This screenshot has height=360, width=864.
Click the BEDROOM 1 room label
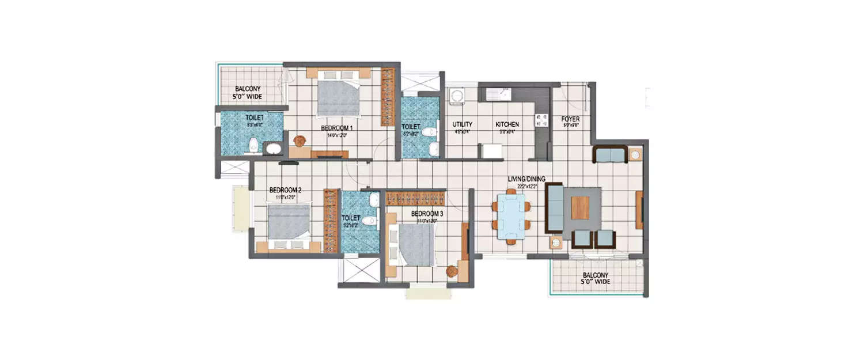click(x=338, y=128)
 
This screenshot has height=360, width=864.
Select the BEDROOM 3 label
click(x=427, y=213)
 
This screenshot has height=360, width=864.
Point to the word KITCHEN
click(x=507, y=124)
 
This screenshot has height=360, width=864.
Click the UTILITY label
click(x=462, y=124)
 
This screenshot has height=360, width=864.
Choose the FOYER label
click(x=570, y=120)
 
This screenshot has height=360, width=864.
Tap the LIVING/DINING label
click(x=526, y=179)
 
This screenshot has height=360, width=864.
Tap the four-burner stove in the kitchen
click(x=541, y=120)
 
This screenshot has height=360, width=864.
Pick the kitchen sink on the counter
click(x=496, y=92)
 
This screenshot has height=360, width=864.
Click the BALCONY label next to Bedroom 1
click(x=248, y=93)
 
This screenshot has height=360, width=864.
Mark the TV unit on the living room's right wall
click(x=639, y=209)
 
